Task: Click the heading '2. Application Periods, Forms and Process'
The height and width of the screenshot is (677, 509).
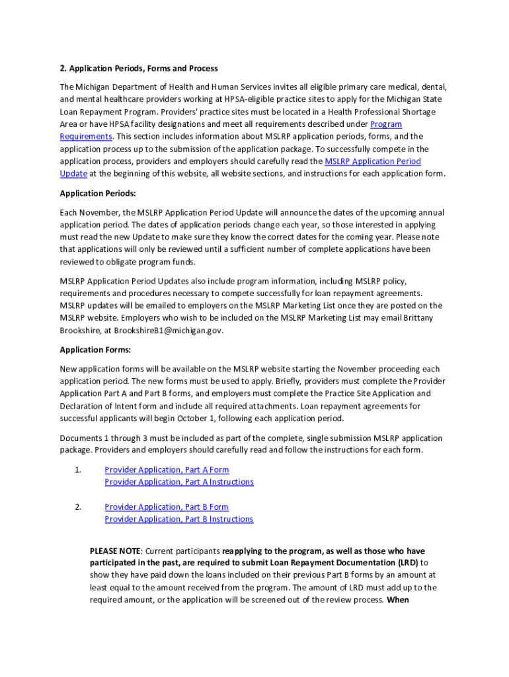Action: [x=139, y=68]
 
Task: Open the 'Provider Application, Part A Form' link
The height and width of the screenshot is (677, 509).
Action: [x=167, y=469]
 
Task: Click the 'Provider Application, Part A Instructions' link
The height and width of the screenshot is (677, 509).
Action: [x=178, y=482]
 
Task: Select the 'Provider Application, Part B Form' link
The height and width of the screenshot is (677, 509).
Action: [x=167, y=506]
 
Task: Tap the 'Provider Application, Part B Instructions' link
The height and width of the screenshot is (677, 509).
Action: [x=178, y=519]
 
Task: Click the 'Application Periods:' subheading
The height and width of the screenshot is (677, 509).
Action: [x=97, y=193]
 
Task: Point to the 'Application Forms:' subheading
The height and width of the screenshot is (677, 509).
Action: [x=95, y=349]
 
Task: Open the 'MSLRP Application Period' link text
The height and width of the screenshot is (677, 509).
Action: [x=373, y=161]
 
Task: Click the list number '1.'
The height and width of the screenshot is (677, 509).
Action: [x=78, y=469]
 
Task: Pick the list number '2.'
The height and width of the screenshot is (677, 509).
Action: [x=78, y=506]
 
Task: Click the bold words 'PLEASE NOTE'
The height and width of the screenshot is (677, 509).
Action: [x=115, y=551]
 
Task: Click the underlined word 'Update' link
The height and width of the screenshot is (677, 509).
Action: [x=73, y=173]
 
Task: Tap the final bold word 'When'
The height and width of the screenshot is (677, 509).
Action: [x=399, y=600]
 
